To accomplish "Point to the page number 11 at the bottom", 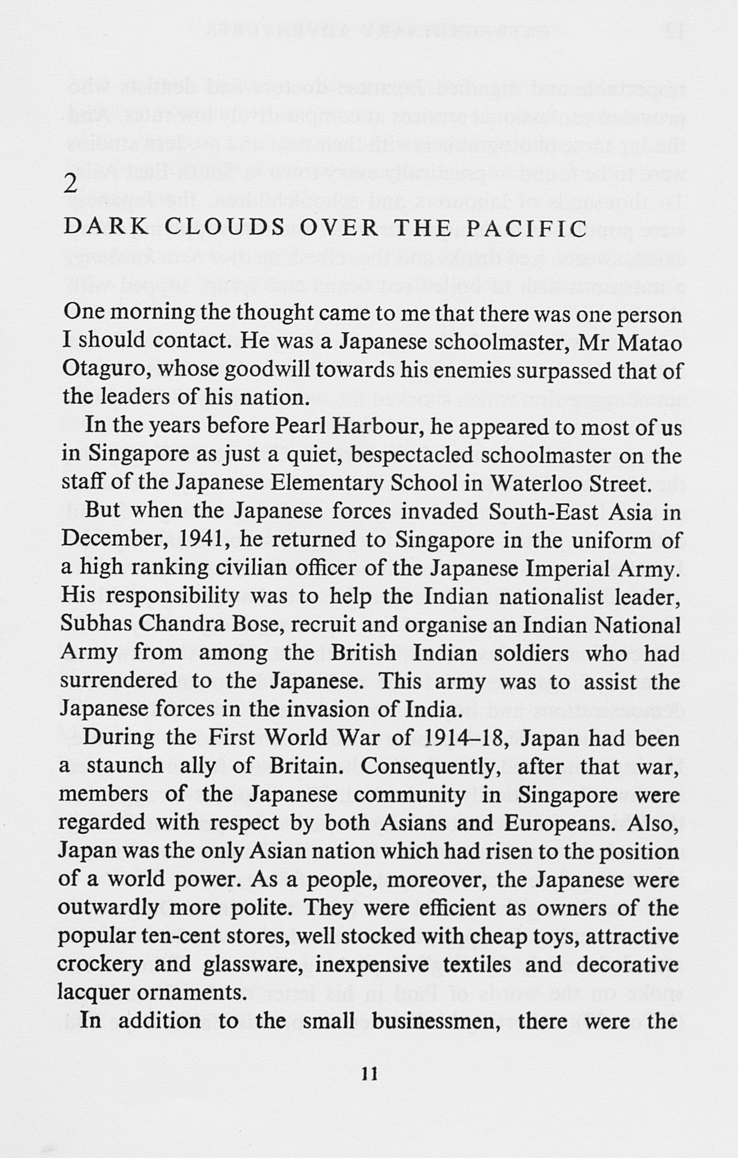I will pyautogui.click(x=369, y=1074).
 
